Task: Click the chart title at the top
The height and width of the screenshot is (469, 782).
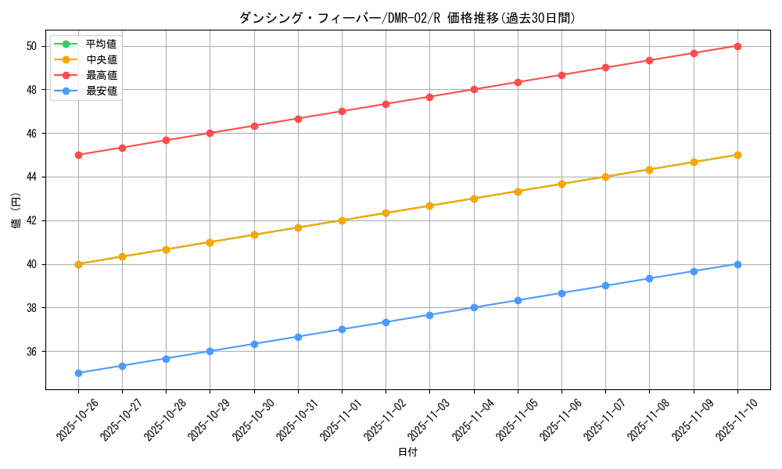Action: [407, 18]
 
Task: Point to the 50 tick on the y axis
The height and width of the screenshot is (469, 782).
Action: [32, 46]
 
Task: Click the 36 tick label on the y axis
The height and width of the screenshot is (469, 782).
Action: [32, 352]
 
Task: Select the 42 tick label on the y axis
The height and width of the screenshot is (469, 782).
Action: [32, 220]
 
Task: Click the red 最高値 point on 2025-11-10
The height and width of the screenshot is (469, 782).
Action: [737, 46]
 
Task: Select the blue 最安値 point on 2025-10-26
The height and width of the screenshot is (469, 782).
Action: [78, 373]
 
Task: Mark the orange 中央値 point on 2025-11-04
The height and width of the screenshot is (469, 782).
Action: [474, 199]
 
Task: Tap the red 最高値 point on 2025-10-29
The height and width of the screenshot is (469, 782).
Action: [210, 133]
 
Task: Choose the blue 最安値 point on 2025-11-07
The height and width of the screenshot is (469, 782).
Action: [605, 285]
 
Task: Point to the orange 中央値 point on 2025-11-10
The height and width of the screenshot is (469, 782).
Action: [737, 155]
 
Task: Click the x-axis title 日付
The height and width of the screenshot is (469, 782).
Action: [407, 453]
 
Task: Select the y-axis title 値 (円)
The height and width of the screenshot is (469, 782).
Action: [16, 211]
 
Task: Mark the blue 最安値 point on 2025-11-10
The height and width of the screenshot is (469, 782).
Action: [737, 264]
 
